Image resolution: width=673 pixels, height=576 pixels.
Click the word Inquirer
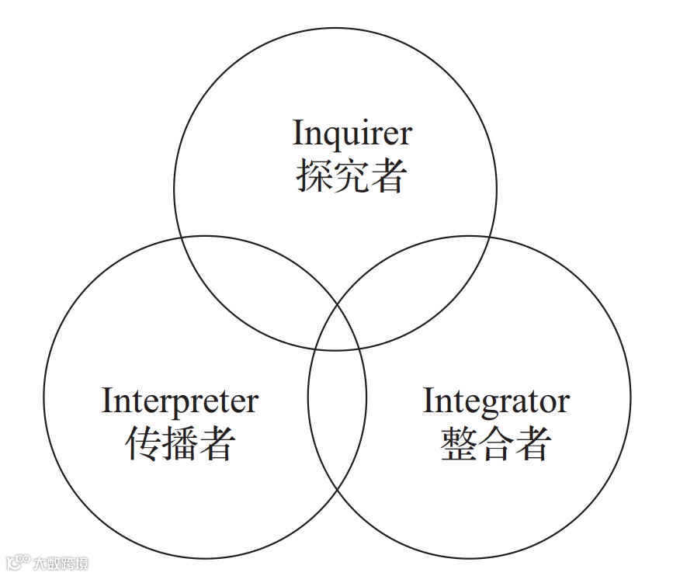coord(352,134)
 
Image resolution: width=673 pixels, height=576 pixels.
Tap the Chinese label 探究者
coord(351,176)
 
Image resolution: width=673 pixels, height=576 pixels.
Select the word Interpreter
coord(179,401)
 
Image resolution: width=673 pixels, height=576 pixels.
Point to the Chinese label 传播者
coord(180,444)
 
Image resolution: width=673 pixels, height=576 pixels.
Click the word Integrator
coord(495,401)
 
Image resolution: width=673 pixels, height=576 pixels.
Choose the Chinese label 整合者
coord(496,444)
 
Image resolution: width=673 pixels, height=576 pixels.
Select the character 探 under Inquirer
coord(314,176)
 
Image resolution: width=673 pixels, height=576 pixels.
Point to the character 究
coord(351,176)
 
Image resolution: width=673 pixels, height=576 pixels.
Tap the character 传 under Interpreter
coord(143,444)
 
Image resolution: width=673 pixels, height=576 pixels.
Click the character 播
coord(180,444)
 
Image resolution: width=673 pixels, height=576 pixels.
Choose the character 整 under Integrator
coord(459,444)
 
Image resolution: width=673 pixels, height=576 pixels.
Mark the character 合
coord(496,444)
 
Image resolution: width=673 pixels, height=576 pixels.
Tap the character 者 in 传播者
coord(217,444)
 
